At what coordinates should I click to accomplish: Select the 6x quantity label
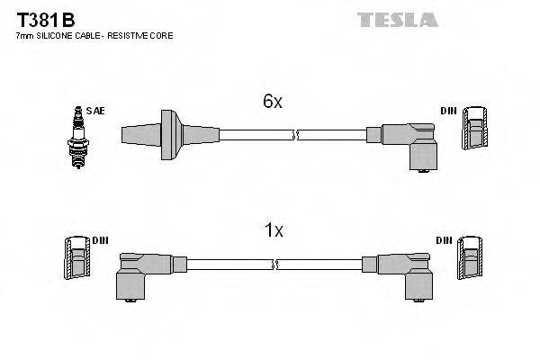(x=273, y=103)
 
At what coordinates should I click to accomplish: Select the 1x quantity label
(x=273, y=231)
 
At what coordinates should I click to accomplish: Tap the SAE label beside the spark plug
(x=97, y=111)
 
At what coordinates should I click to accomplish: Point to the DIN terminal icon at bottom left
(x=77, y=258)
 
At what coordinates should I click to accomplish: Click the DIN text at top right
(x=448, y=111)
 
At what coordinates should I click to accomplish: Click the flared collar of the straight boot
(x=167, y=135)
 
